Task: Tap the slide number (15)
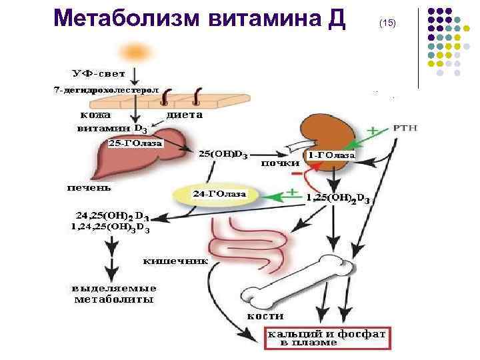387,23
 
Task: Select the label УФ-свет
99,73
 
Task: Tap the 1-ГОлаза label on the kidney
331,155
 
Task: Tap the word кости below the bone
265,315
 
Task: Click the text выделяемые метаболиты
115,294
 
